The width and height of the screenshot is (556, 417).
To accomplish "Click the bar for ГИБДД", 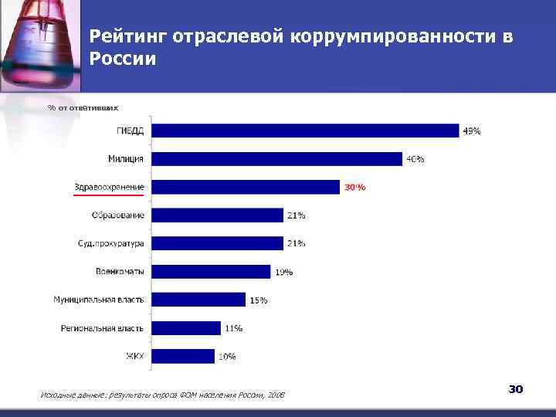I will coord(305,131).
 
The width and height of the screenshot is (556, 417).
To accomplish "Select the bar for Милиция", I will coord(276,158).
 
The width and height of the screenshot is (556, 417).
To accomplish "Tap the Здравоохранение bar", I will coord(246,187).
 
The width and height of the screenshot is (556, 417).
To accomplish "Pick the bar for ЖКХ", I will coord(183,356).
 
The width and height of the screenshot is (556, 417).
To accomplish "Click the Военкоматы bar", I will coord(211,272).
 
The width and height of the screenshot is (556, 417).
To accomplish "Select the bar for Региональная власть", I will coord(186,328).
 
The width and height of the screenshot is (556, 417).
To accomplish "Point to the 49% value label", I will coord(471,131).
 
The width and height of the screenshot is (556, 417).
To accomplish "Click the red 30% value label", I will coord(354,188).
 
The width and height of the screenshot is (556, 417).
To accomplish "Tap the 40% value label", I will coord(415,159).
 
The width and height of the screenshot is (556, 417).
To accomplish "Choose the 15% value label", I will coord(258,300).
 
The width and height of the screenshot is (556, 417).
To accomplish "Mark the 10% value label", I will coord(226,357).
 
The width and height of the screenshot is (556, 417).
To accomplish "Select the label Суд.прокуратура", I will coord(110,243).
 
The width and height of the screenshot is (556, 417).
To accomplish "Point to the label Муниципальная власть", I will coord(98,300).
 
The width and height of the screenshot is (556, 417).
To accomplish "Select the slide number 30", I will coord(515,389).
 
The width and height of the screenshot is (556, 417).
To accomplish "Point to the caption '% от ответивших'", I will coord(83,107).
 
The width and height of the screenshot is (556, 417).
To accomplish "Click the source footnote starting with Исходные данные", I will coord(161,395).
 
